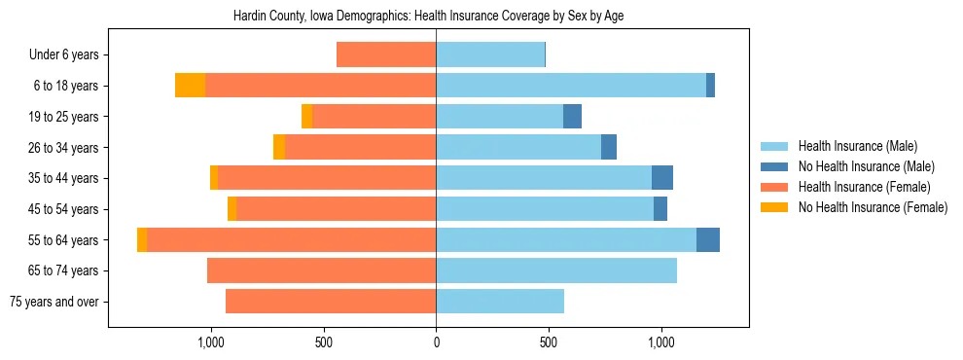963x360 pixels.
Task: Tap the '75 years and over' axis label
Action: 53,302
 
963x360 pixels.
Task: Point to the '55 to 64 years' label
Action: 64,240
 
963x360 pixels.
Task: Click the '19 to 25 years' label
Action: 64,117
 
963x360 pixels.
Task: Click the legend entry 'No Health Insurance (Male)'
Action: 866,166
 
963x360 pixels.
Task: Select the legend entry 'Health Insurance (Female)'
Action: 864,187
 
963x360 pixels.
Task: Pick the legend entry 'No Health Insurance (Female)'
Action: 873,207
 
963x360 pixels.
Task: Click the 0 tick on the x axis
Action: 436,342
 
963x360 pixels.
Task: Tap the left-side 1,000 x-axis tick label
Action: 211,342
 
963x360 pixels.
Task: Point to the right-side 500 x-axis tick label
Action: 549,342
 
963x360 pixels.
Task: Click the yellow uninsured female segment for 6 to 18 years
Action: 190,86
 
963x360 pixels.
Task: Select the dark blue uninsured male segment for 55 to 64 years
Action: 708,240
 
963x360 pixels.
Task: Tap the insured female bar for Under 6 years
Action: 386,55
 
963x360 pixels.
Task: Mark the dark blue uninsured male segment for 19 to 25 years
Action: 572,117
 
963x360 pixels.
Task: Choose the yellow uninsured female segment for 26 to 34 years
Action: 279,148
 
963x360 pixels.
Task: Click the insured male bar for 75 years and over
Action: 500,302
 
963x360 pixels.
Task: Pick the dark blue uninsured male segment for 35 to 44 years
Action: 662,178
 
